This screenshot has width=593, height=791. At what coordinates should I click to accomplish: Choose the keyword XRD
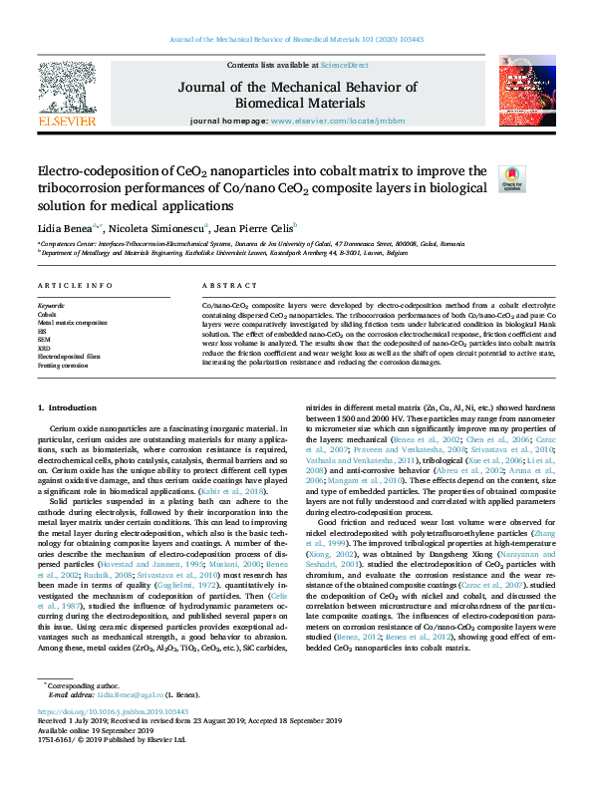pyautogui.click(x=45, y=347)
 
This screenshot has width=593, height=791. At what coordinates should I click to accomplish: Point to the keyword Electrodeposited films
pyautogui.click(x=71, y=355)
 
